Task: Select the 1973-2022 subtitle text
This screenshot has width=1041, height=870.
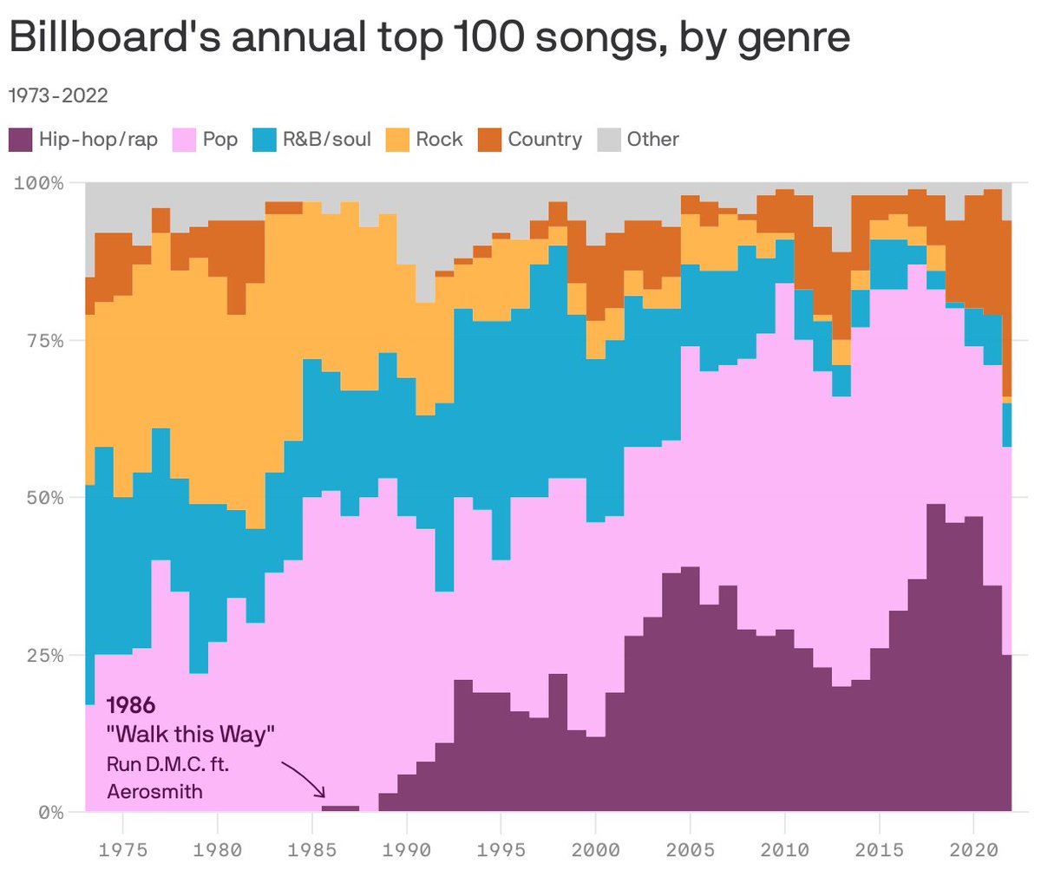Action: click(x=58, y=95)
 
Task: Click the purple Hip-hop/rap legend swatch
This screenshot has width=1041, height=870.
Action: click(x=20, y=139)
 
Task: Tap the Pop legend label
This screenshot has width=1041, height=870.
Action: click(x=220, y=139)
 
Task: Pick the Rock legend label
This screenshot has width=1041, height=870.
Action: click(x=439, y=139)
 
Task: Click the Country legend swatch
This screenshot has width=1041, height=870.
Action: click(x=489, y=139)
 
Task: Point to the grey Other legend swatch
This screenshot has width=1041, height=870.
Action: click(x=610, y=139)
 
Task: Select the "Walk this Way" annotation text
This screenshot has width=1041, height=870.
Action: click(x=190, y=735)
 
